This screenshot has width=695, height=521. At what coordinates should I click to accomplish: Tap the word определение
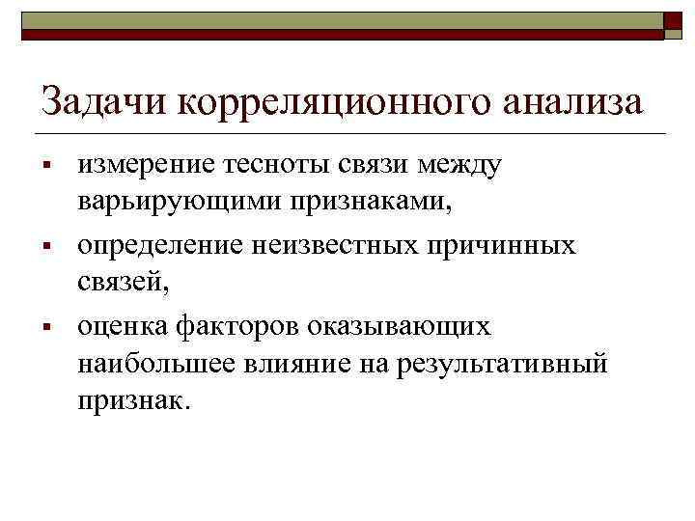point(164,246)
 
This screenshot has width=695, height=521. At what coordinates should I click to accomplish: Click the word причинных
point(511,246)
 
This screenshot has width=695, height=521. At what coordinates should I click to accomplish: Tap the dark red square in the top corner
point(674,26)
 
